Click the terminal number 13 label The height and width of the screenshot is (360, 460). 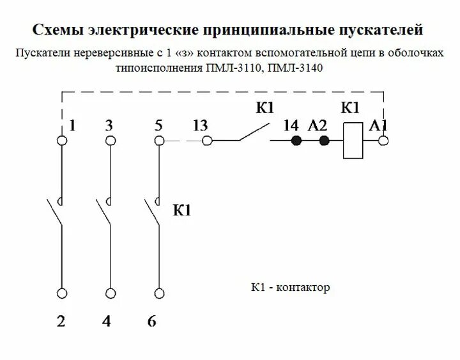click(x=199, y=125)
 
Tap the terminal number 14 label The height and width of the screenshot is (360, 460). click(x=291, y=125)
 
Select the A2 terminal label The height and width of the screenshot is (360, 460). click(x=318, y=125)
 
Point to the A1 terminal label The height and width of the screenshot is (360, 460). click(x=378, y=125)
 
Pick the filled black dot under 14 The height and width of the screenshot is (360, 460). click(x=296, y=141)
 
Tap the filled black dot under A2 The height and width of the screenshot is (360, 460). click(x=324, y=141)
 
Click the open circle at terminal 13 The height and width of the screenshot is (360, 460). click(x=206, y=141)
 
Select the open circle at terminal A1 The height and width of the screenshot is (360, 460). click(x=383, y=141)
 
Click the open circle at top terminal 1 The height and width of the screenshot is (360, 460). click(x=62, y=141)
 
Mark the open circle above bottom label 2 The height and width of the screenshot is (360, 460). click(x=62, y=293)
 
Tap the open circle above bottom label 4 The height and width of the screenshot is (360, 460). click(x=111, y=293)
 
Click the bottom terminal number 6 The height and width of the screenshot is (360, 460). click(x=151, y=321)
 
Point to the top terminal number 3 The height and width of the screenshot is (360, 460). click(x=109, y=125)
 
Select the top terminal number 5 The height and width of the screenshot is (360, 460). click(x=158, y=125)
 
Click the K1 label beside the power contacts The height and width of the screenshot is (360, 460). click(x=182, y=210)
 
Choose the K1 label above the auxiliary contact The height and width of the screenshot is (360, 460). click(x=264, y=108)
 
